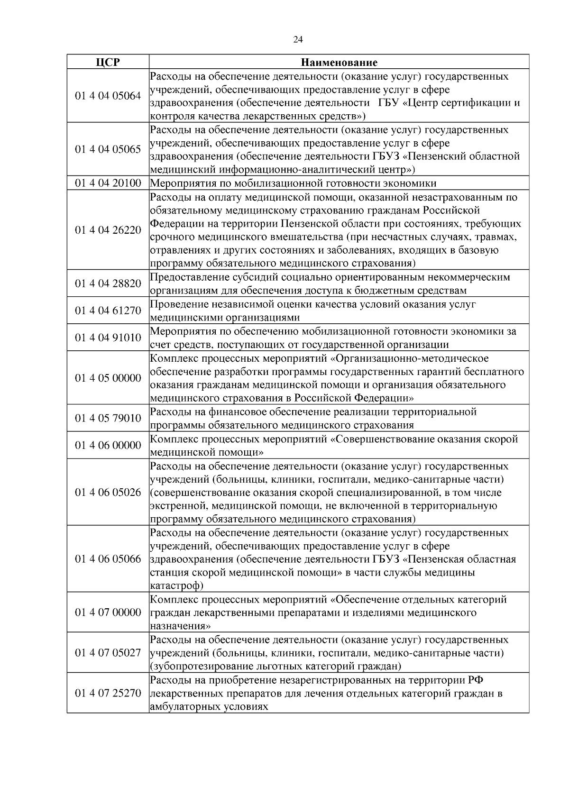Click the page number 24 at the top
pyautogui.click(x=298, y=40)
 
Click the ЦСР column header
pyautogui.click(x=108, y=62)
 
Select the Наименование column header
pyautogui.click(x=339, y=62)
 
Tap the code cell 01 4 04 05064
pyautogui.click(x=108, y=96)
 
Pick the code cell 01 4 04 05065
pyautogui.click(x=108, y=149)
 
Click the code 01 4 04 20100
pyautogui.click(x=108, y=183)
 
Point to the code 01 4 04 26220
pyautogui.click(x=108, y=230)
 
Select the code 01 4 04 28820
pyautogui.click(x=108, y=284)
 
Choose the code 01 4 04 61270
pyautogui.click(x=108, y=311)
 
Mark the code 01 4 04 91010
pyautogui.click(x=108, y=338)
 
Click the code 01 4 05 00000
pyautogui.click(x=108, y=378)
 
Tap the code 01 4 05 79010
pyautogui.click(x=108, y=418)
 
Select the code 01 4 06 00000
pyautogui.click(x=108, y=445)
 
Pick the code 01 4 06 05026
pyautogui.click(x=108, y=492)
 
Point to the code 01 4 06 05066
pyautogui.click(x=108, y=559)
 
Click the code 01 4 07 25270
pyautogui.click(x=108, y=693)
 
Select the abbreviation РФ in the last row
pyautogui.click(x=475, y=680)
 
